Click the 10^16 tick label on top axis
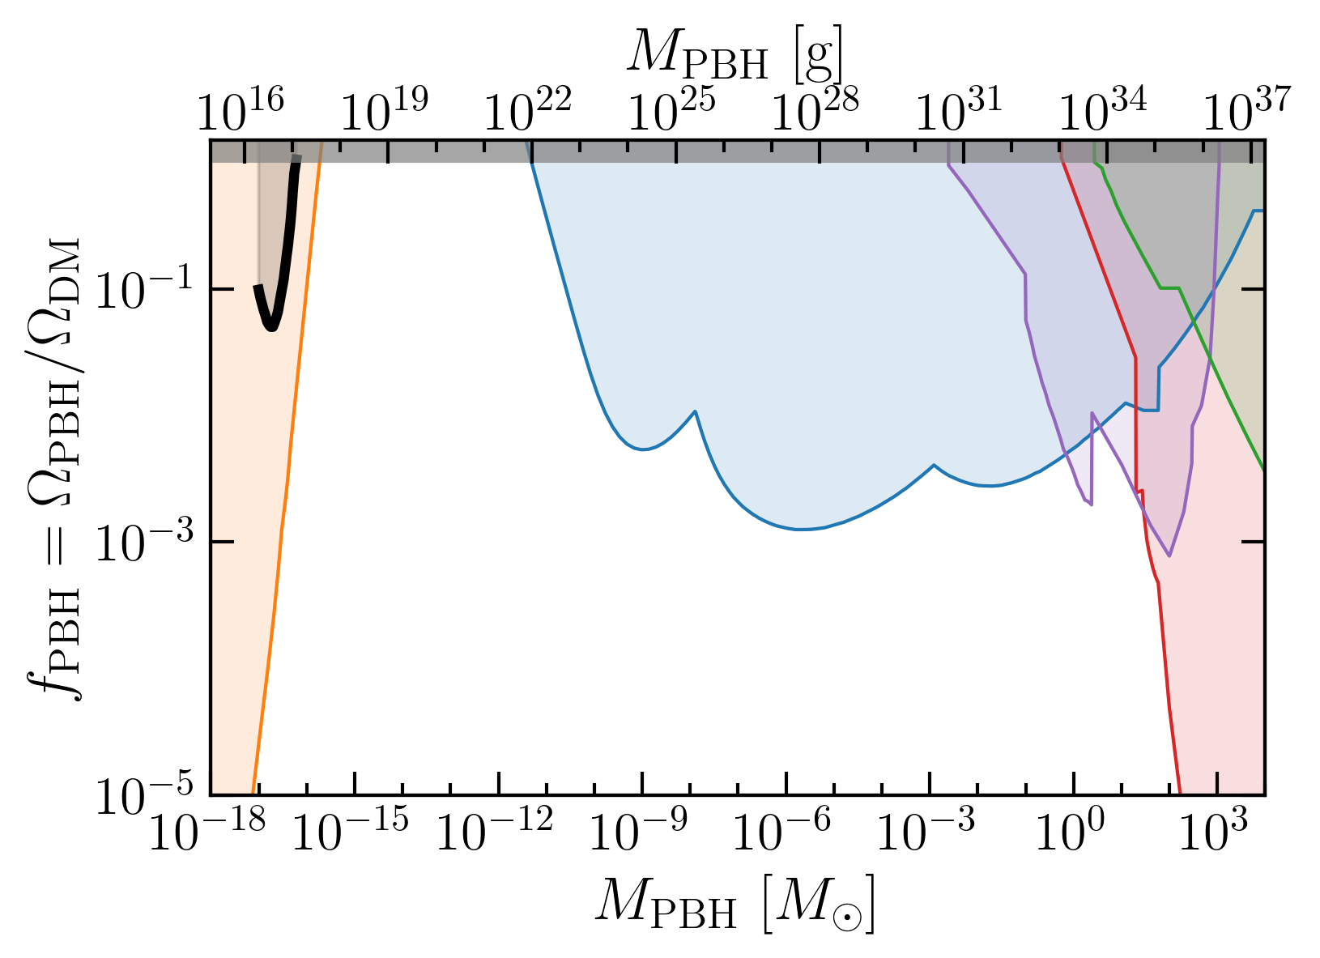241,109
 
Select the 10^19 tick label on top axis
385,109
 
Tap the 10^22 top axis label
528,109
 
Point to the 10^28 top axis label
815,109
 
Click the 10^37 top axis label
1246,109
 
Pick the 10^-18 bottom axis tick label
207,829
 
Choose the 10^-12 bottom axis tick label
495,829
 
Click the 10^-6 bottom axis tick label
781,829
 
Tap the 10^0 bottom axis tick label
1070,829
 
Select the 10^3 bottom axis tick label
1213,829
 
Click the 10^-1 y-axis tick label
144,291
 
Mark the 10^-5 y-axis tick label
144,795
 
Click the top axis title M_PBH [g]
735,55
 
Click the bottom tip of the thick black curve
271,328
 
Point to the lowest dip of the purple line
1169,556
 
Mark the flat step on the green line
1169,288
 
